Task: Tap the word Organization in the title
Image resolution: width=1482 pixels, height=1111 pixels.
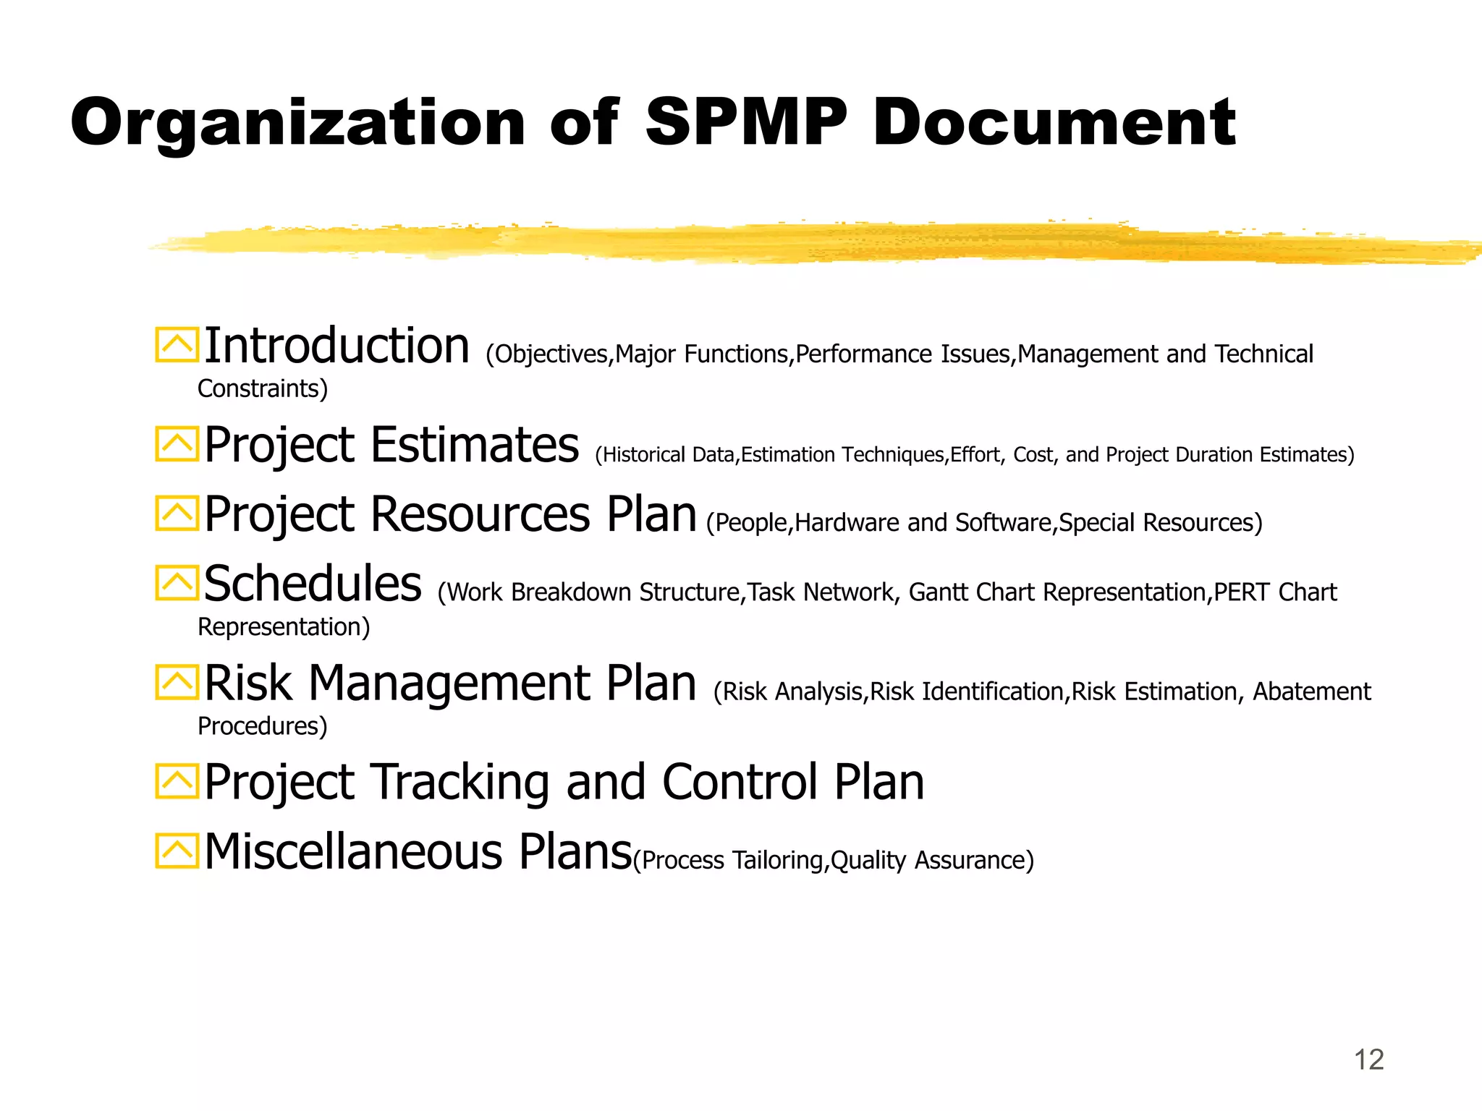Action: point(297,123)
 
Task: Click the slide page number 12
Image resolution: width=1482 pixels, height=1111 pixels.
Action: point(1368,1060)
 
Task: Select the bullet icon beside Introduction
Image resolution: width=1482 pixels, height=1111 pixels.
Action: point(177,345)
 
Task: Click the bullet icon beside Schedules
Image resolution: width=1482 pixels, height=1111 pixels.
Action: point(177,583)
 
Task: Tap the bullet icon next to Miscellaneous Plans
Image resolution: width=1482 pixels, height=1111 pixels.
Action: point(177,851)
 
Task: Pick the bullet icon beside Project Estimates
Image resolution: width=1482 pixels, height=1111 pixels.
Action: point(177,443)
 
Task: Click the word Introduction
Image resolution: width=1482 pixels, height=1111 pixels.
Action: point(337,346)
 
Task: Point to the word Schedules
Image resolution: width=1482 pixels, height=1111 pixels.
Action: point(313,584)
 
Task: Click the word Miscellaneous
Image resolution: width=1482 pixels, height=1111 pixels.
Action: point(353,851)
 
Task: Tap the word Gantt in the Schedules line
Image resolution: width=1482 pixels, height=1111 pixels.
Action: point(938,592)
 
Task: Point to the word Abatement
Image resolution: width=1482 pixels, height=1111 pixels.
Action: point(1311,691)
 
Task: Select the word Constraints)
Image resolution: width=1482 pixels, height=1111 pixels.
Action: point(263,389)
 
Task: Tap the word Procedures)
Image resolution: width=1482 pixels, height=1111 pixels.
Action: point(263,726)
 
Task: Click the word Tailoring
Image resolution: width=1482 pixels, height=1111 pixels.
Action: point(779,861)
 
